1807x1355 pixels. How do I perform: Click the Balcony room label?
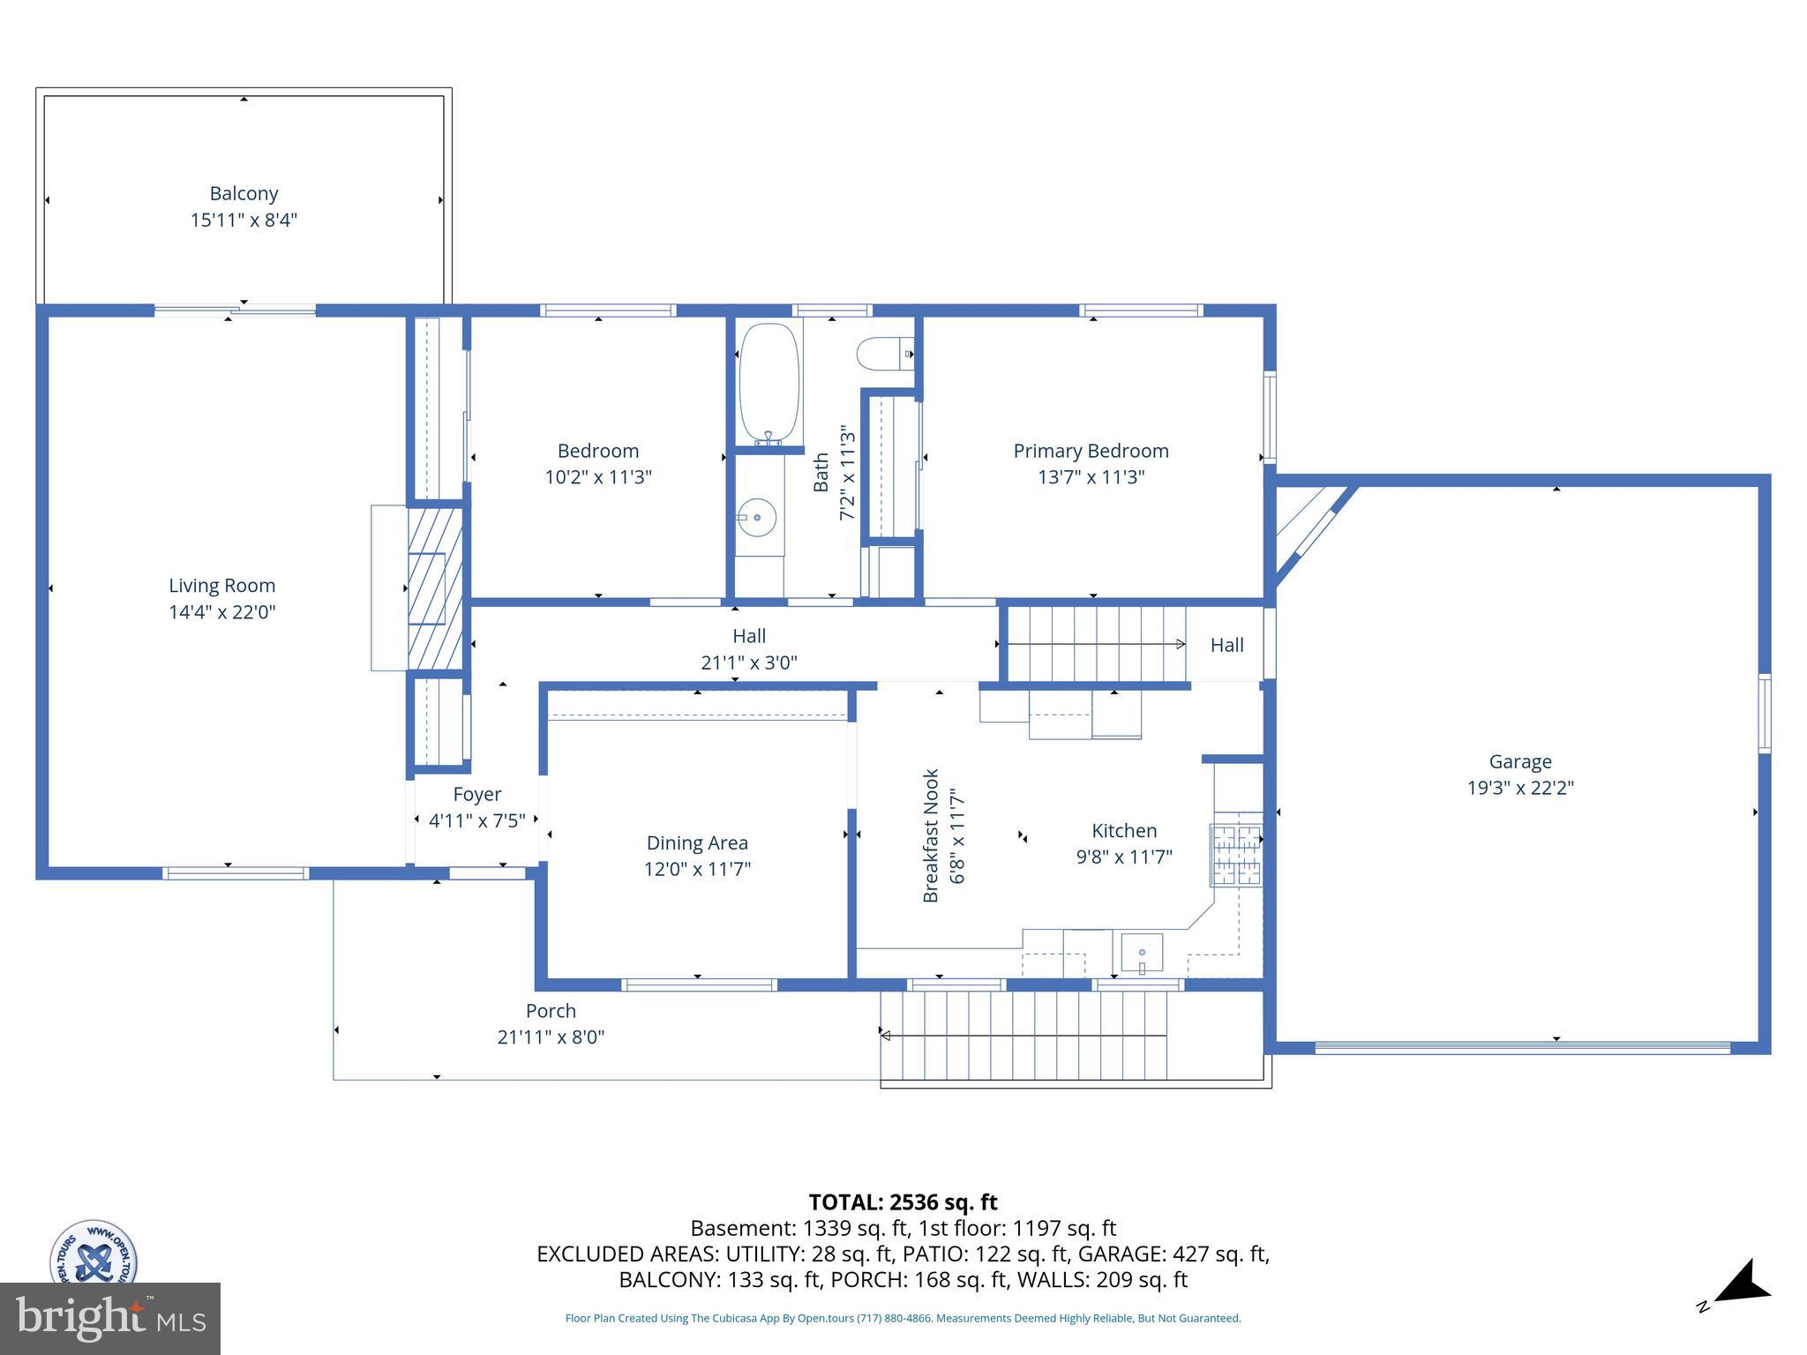point(244,193)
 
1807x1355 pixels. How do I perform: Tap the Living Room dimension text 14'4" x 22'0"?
point(222,611)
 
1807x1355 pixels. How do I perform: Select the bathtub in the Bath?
point(769,382)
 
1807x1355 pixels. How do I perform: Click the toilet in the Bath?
point(885,354)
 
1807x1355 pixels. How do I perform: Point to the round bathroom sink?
point(757,517)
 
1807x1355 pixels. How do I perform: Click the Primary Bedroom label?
point(1091,451)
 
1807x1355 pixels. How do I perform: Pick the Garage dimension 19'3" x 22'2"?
point(1520,787)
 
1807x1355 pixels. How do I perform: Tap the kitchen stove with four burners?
point(1237,854)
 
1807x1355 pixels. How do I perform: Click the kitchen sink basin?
point(1142,953)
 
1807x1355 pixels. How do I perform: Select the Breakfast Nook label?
point(931,835)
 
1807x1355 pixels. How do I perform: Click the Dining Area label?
point(697,842)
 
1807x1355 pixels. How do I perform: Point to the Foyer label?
point(477,794)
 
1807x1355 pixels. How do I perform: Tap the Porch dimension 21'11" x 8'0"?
point(551,1037)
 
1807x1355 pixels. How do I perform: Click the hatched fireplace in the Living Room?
point(435,588)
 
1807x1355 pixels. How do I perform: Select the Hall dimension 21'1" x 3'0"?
point(749,662)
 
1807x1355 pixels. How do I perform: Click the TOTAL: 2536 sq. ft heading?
point(903,1202)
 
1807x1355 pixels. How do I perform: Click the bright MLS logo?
point(110,1318)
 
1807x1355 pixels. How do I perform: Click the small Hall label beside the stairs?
point(1226,645)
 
